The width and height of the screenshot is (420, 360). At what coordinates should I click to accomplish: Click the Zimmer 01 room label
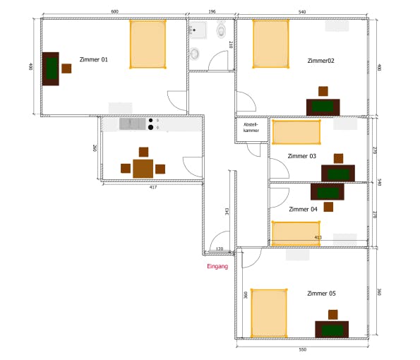point(93,59)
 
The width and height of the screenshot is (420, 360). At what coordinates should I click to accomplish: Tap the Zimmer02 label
point(321,61)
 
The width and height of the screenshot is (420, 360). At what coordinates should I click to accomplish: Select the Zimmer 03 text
point(302,156)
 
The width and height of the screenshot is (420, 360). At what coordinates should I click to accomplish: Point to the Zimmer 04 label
point(303,209)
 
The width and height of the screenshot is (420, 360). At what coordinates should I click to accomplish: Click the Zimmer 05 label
point(321,294)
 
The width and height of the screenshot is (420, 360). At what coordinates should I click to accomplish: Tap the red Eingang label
point(217,266)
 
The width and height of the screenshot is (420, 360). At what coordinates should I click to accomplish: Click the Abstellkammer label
point(251,128)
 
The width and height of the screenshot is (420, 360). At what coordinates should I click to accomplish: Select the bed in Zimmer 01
point(148,44)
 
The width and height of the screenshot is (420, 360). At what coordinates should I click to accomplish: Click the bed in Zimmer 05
point(269,313)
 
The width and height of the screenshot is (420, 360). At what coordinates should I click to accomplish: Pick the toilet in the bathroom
point(221,30)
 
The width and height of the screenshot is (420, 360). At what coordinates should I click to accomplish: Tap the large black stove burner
point(151,128)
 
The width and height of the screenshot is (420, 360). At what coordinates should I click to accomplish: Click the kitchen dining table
point(143,169)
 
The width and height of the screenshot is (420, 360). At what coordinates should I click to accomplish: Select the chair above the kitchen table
point(143,152)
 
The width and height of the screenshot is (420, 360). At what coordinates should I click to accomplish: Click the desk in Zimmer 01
point(51,69)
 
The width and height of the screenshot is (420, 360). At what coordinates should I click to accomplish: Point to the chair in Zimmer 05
point(333,315)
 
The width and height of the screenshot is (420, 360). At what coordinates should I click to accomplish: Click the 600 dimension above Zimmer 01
point(114,11)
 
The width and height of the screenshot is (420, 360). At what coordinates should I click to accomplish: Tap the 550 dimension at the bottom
point(302,349)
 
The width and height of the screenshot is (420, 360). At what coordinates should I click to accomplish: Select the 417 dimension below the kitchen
point(153,187)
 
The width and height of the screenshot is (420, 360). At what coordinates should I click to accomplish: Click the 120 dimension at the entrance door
point(220,249)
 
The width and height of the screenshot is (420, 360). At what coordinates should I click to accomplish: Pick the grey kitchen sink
point(132,124)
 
